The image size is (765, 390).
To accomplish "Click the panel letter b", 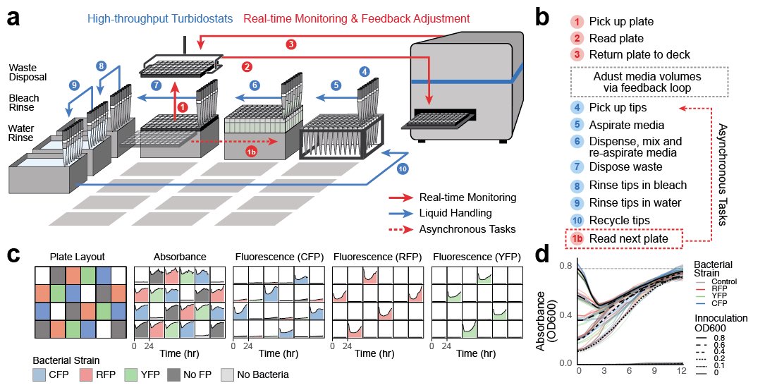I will (x=544, y=18).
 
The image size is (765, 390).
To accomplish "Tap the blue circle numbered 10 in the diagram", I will (x=402, y=169).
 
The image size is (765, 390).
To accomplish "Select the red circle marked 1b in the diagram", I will (x=251, y=152).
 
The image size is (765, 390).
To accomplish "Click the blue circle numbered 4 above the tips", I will (x=364, y=71).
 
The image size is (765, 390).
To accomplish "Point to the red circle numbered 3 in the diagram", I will (x=290, y=44).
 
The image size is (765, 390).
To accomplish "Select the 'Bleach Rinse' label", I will (x=25, y=103).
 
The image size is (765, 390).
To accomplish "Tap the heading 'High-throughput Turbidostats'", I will (x=161, y=18).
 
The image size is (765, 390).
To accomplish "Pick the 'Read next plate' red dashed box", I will (x=625, y=240).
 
